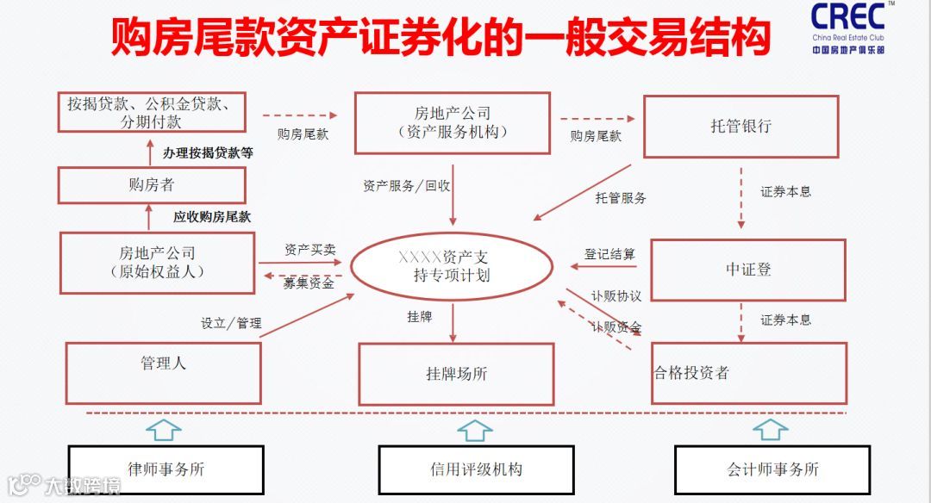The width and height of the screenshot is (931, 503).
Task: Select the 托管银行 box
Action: (x=740, y=126)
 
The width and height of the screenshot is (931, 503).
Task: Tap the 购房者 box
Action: (x=151, y=185)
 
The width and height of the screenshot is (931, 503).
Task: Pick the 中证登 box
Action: (x=747, y=270)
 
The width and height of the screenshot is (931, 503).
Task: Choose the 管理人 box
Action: (x=163, y=372)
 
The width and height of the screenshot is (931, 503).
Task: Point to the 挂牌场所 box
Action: (x=456, y=374)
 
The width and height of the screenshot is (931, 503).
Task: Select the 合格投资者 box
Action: (x=748, y=373)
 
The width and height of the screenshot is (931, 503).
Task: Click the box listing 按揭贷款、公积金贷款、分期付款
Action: (x=150, y=112)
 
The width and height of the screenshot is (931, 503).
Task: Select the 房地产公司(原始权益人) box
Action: (x=157, y=263)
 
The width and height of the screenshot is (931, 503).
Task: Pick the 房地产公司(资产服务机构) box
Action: (x=452, y=123)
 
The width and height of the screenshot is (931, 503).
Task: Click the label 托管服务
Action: (x=621, y=198)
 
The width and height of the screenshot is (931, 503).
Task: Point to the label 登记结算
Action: (x=609, y=254)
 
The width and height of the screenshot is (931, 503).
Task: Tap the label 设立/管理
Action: (x=231, y=324)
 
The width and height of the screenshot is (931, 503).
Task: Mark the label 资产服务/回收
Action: (x=407, y=185)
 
